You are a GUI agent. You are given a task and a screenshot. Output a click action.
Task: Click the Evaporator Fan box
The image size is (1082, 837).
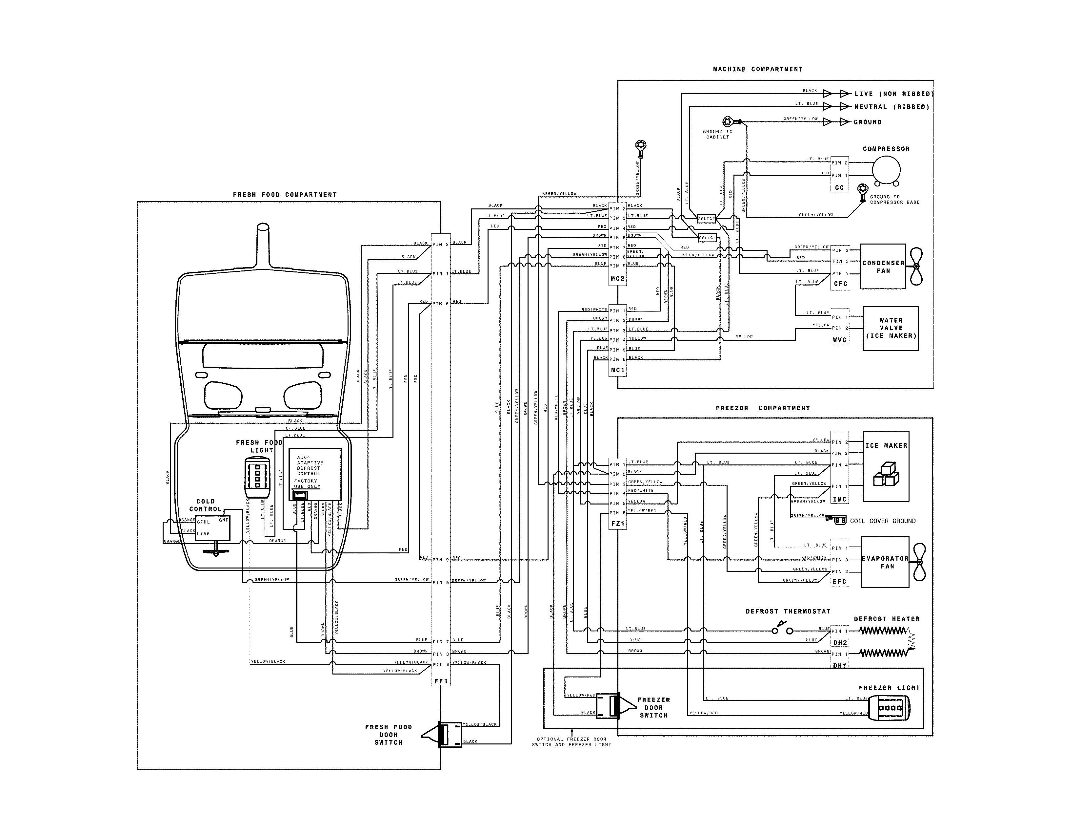pos(885,562)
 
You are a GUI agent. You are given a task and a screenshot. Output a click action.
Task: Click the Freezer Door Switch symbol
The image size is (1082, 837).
pos(614,706)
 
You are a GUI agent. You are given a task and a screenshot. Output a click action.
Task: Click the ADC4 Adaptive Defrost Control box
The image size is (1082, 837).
pos(315,474)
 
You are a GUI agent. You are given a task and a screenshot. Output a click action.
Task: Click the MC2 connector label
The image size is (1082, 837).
pos(617,279)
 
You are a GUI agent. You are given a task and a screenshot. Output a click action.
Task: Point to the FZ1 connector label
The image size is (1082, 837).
pos(618,524)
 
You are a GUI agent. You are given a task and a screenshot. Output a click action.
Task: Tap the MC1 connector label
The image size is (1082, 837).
pos(617,370)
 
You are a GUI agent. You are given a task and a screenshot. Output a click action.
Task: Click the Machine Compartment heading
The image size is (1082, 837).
pos(757,69)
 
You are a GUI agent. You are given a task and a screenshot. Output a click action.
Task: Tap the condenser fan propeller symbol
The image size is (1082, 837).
pos(916,266)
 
